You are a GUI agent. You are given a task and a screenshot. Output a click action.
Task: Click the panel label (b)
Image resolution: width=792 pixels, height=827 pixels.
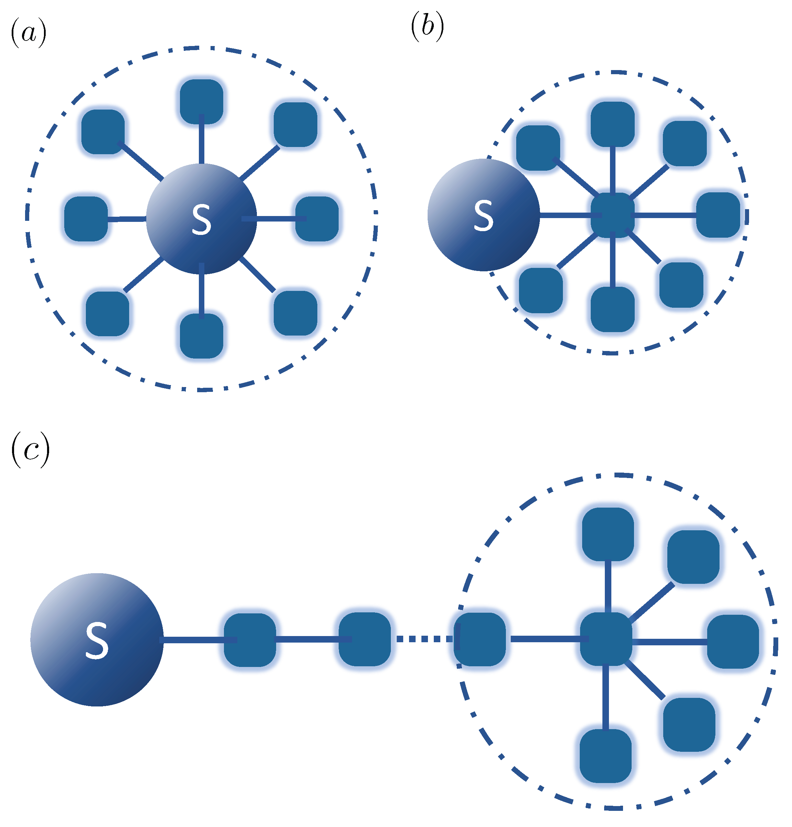coord(427,27)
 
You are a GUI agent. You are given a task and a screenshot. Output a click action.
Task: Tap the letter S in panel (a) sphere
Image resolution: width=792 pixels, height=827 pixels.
coord(201,219)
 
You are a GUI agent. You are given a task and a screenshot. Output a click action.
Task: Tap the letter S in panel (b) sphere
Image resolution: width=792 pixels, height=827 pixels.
coord(483,216)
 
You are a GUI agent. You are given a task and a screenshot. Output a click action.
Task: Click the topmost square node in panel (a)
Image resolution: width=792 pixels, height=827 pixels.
coord(201,102)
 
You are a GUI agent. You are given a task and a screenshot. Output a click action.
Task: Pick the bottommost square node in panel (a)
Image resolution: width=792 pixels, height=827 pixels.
coord(201,336)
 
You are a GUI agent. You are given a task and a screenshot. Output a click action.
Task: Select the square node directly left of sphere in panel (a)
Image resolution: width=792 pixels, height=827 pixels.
coord(86,218)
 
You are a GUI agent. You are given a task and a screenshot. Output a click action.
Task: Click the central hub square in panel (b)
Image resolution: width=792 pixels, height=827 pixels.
coord(612,216)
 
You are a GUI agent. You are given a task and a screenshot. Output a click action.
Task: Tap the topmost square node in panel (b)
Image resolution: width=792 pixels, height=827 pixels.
coord(612,124)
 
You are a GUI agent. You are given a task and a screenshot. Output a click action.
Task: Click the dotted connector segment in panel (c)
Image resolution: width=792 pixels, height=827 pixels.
coord(422,639)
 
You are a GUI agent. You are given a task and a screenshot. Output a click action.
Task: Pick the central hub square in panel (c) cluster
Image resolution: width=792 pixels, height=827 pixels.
coord(606,639)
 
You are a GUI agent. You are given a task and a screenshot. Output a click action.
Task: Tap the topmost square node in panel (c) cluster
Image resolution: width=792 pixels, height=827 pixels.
coord(608,534)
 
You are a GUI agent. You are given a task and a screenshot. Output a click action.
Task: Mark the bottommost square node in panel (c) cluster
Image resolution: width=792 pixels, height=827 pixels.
coord(606,756)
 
